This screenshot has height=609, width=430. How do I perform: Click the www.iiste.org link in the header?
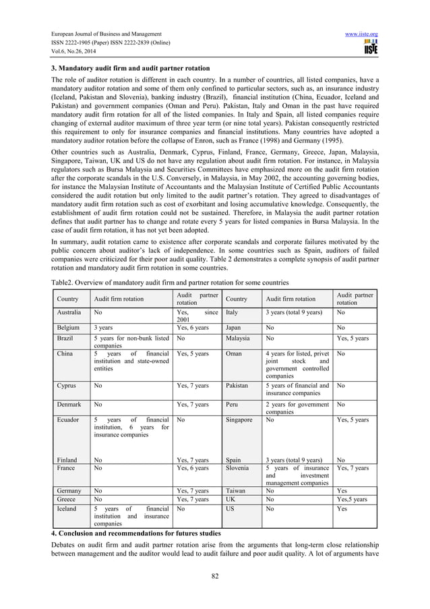tap(361, 34)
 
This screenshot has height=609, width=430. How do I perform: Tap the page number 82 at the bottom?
tap(214, 576)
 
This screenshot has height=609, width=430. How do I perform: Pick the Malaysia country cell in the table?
tap(239, 338)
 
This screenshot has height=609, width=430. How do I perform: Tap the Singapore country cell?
tap(240, 419)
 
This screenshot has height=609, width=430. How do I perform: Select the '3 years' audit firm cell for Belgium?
tap(103, 327)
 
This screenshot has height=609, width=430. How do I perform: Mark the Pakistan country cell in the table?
tap(238, 386)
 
